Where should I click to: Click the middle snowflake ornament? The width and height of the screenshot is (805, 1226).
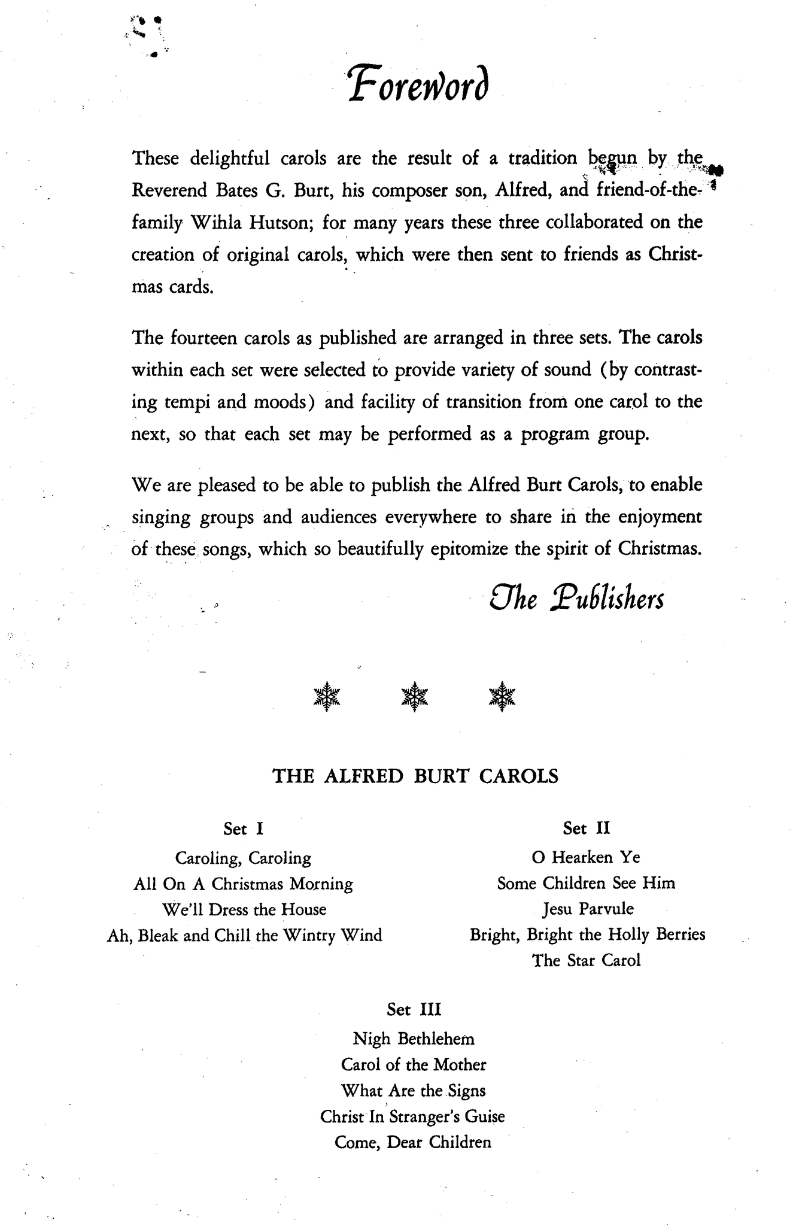[415, 696]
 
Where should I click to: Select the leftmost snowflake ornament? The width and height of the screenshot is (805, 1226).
[327, 696]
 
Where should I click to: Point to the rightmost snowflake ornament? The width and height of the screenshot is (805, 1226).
[503, 696]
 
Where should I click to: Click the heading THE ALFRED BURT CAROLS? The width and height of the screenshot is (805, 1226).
[415, 776]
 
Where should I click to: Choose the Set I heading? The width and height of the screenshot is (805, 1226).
[244, 829]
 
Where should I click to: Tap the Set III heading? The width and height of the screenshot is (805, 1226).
[414, 1009]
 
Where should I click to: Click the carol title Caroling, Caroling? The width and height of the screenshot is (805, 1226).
[243, 858]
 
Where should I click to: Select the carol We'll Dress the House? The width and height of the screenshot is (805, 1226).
[244, 909]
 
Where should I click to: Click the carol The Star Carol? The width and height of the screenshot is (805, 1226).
[587, 960]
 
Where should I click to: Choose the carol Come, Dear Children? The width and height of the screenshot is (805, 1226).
[413, 1142]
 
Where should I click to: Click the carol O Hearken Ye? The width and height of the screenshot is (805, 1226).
[586, 857]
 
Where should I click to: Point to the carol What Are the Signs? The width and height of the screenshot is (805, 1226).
[413, 1090]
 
